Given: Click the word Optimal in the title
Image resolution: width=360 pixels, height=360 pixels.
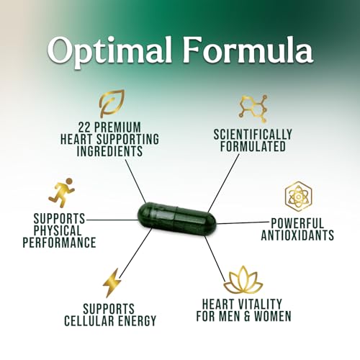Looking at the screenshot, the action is coord(109,52).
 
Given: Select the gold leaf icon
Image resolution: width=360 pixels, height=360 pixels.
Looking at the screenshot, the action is coord(112,103).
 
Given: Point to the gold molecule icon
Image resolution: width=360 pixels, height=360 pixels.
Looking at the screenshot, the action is coord(253,109).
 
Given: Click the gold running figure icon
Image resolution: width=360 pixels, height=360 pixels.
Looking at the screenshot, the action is coord(62,192).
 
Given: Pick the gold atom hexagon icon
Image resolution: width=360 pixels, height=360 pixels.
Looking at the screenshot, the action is coord(298,197).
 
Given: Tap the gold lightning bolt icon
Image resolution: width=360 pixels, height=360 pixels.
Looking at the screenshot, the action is coord(112,283).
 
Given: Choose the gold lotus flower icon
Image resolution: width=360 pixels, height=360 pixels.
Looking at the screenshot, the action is coord(243,279).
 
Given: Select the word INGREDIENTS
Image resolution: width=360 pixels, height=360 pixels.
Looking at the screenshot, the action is coord(109,151).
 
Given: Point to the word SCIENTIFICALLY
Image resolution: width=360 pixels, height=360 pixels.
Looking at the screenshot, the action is coord(253,135).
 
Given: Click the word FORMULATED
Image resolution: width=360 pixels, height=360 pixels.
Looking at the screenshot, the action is coord(253,146).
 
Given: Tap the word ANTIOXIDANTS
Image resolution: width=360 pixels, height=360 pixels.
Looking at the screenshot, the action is coord(297,235).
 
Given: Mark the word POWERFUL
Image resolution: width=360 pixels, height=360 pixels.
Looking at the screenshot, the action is coord(297,223).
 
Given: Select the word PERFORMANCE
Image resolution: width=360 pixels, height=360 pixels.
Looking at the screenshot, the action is coord(59,242).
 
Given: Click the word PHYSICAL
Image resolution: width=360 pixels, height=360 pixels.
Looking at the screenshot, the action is coord(58,230).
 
